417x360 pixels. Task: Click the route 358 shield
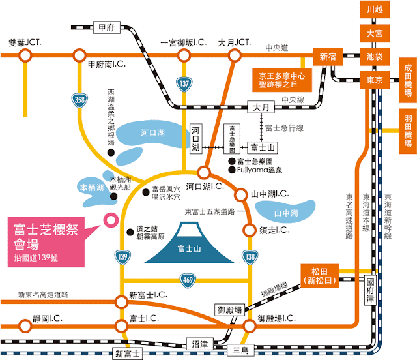click(78, 100)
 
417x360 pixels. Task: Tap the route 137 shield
click(185, 83)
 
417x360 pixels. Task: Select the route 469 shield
click(186, 280)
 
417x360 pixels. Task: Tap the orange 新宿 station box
click(326, 57)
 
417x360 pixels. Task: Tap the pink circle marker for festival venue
click(110, 220)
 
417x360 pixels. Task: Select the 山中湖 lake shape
click(285, 213)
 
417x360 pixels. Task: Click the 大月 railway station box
click(261, 106)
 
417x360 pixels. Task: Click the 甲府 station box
click(104, 28)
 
